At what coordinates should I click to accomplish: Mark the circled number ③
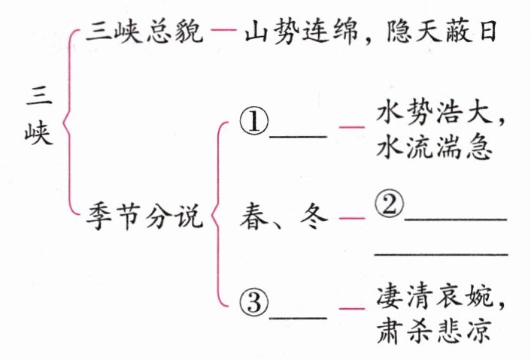[x=253, y=304]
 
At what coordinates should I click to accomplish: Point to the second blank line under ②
[x=441, y=256]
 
